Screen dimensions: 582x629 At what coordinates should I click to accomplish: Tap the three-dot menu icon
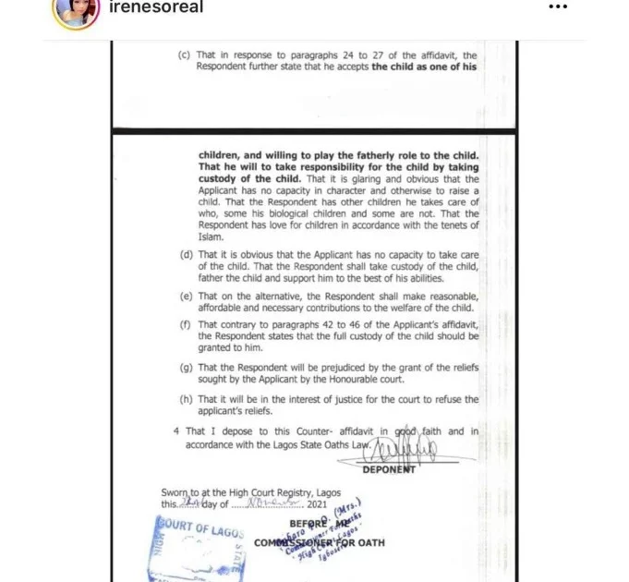click(559, 7)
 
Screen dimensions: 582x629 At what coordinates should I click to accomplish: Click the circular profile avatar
click(77, 8)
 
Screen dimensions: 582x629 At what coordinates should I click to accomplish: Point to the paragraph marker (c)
click(185, 55)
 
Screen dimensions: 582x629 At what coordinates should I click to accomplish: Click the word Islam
click(212, 236)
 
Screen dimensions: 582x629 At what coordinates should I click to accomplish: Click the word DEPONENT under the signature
click(388, 469)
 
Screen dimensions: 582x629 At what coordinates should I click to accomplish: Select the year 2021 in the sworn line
click(314, 505)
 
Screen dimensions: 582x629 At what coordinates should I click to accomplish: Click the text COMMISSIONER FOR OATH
click(320, 542)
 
